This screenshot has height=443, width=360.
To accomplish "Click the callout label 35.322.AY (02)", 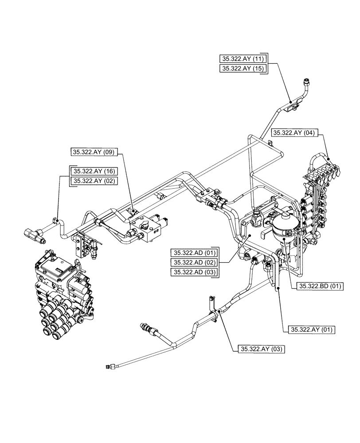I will click(x=94, y=181).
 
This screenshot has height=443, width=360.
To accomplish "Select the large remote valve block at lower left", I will click(x=62, y=292).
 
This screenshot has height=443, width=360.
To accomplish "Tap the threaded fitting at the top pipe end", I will click(x=305, y=82).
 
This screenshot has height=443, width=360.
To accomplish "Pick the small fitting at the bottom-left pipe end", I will click(x=110, y=366).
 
